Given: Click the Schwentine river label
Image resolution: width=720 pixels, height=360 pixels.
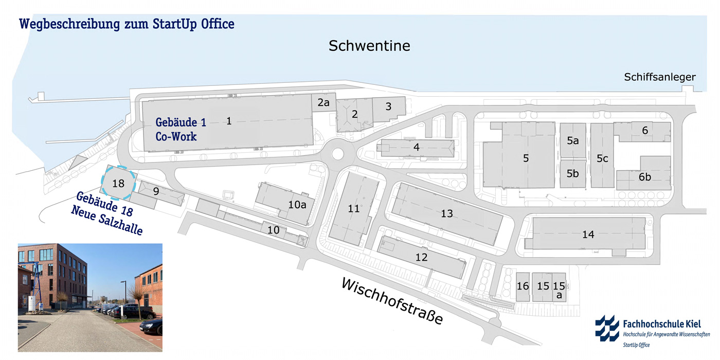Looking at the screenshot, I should [369, 46].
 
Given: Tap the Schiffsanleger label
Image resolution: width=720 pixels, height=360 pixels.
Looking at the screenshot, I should [660, 77].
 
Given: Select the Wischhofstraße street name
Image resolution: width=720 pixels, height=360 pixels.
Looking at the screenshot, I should [391, 302].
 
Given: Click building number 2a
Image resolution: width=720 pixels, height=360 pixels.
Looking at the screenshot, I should [323, 103].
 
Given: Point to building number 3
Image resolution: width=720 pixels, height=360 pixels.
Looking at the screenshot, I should [388, 106].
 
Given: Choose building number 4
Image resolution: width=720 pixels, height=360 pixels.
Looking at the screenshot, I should [417, 147].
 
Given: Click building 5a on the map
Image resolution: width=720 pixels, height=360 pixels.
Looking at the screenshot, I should [573, 140].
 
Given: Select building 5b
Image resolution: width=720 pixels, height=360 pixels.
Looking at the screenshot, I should [573, 174].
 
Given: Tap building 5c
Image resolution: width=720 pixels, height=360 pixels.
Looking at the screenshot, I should [602, 159].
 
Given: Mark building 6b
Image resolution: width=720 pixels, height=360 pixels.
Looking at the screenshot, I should [645, 177].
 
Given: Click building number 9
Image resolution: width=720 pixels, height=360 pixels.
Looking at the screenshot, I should [156, 191].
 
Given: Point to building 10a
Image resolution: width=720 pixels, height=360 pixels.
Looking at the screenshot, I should [297, 204].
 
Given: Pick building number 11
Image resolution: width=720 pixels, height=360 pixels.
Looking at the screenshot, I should [353, 208].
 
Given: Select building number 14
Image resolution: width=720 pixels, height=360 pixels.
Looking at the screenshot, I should [588, 235].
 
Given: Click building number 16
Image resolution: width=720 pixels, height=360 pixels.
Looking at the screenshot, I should [523, 286].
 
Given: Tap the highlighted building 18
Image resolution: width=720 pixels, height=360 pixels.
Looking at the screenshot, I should [118, 183].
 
